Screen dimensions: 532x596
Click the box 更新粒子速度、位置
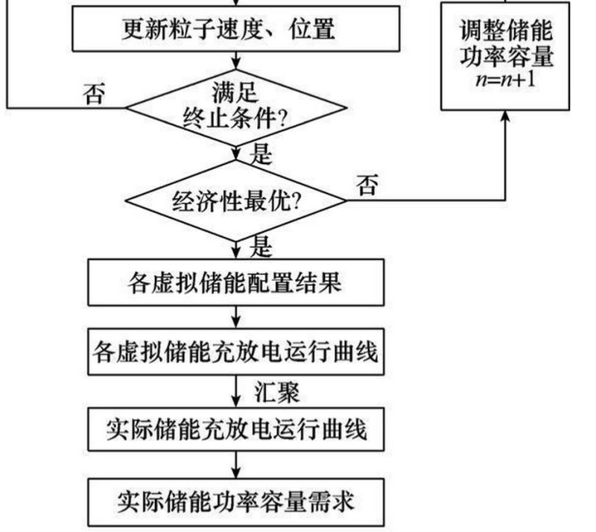pyautogui.click(x=237, y=30)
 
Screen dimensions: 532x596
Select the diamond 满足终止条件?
pyautogui.click(x=237, y=107)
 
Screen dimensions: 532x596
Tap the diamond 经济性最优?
pyautogui.click(x=237, y=200)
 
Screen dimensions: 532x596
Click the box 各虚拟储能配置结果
pyautogui.click(x=237, y=284)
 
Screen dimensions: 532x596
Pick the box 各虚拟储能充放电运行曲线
pyautogui.click(x=237, y=349)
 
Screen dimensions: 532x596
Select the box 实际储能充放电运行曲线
pyautogui.click(x=237, y=430)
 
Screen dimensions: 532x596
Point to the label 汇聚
pyautogui.click(x=277, y=390)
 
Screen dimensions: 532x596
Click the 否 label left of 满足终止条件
pyautogui.click(x=95, y=94)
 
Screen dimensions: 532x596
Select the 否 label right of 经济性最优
pyautogui.click(x=366, y=185)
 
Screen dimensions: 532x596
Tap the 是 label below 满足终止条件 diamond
pyautogui.click(x=261, y=155)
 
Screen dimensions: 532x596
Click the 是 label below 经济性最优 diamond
pyautogui.click(x=261, y=247)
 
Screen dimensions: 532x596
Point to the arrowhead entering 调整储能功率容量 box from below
pyautogui.click(x=507, y=117)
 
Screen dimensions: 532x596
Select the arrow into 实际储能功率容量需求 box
pyautogui.click(x=237, y=468)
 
